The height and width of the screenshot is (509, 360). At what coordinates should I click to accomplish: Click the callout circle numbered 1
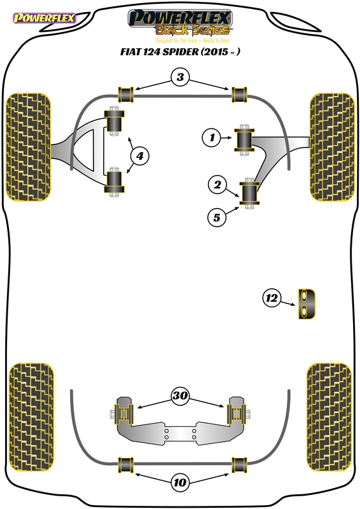point(212,137)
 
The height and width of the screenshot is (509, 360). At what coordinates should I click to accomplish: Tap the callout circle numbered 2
point(217,185)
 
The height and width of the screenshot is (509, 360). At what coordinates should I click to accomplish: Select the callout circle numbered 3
point(180,77)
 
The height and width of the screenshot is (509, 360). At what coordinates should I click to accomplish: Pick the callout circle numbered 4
point(139,156)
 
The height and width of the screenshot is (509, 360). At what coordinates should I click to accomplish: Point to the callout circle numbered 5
point(217,217)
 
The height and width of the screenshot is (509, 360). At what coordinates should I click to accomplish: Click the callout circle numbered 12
point(272,298)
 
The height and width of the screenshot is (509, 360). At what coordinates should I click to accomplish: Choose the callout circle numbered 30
point(180,395)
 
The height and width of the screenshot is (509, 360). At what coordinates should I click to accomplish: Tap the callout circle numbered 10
point(180,482)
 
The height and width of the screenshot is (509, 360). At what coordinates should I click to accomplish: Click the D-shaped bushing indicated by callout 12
point(307,304)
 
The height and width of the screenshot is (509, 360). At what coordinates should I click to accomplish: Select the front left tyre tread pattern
point(29,147)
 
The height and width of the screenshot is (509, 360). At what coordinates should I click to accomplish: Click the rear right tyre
point(329,417)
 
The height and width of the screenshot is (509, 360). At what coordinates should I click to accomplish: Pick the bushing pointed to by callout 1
point(244,139)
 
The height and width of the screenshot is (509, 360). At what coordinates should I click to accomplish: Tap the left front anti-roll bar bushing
point(125,94)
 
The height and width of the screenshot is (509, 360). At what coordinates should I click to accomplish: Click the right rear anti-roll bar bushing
point(239,465)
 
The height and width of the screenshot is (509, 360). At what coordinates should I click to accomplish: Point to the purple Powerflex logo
point(45,18)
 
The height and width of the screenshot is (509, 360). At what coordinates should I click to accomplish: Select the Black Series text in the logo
point(193,30)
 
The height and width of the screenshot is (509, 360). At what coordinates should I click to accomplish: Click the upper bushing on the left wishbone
point(114,121)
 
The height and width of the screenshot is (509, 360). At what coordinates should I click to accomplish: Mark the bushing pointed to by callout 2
point(249,193)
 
